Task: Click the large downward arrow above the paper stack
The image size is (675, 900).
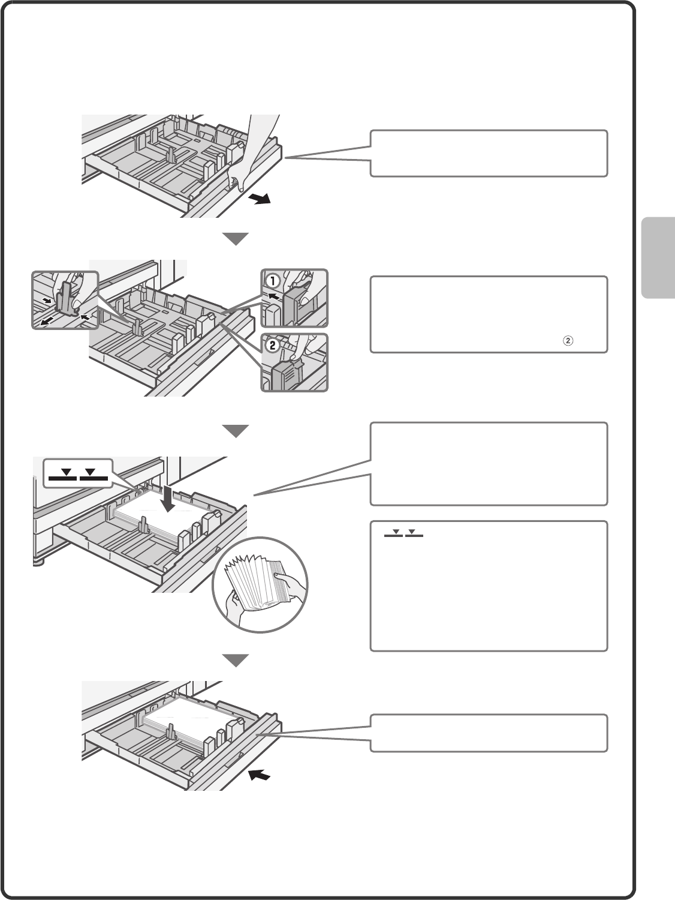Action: pyautogui.click(x=170, y=498)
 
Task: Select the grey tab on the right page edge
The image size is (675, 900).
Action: pyautogui.click(x=658, y=257)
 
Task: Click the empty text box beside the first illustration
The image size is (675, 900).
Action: pyautogui.click(x=489, y=153)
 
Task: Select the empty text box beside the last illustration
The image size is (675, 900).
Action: pyautogui.click(x=489, y=733)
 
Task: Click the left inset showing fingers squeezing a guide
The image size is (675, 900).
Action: pyautogui.click(x=65, y=299)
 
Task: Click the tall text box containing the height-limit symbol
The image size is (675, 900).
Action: pyautogui.click(x=489, y=586)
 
